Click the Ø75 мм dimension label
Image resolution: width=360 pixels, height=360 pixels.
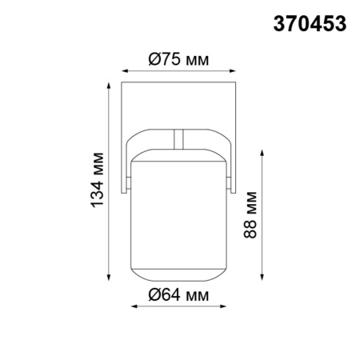coord(178,58)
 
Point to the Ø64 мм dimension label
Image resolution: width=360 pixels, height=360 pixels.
coord(178,297)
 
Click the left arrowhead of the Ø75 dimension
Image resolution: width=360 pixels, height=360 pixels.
coord(123,70)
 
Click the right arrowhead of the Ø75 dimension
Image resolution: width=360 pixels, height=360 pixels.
coord(234,70)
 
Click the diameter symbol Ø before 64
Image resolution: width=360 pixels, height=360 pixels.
coord(154,297)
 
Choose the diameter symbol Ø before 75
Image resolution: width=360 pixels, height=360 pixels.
coord(154,58)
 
